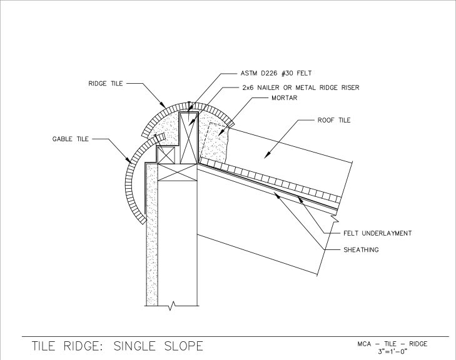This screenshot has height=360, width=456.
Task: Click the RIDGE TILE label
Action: coord(106,84)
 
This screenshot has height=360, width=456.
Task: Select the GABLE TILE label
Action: coord(71,139)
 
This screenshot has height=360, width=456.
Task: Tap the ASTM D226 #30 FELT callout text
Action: coord(276,73)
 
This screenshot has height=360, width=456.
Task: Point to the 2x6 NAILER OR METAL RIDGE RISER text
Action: coord(301,87)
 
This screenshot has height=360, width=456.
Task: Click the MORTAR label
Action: coord(285,98)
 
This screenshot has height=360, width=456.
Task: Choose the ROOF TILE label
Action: coord(334,120)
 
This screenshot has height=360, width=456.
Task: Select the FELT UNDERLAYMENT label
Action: coord(377,233)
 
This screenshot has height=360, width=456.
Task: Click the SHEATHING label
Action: coord(361,250)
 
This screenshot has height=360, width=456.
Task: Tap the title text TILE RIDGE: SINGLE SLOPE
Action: coord(118,346)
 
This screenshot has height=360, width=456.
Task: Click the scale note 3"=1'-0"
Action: coord(392,351)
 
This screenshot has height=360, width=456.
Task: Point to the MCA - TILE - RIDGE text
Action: coord(392,344)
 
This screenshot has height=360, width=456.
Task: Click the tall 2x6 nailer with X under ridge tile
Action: coord(188,138)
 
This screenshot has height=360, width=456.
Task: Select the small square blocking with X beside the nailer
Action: coord(166,156)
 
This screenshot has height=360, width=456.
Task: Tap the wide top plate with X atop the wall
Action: coord(178,172)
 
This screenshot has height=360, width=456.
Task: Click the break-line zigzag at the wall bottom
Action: coord(172,306)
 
